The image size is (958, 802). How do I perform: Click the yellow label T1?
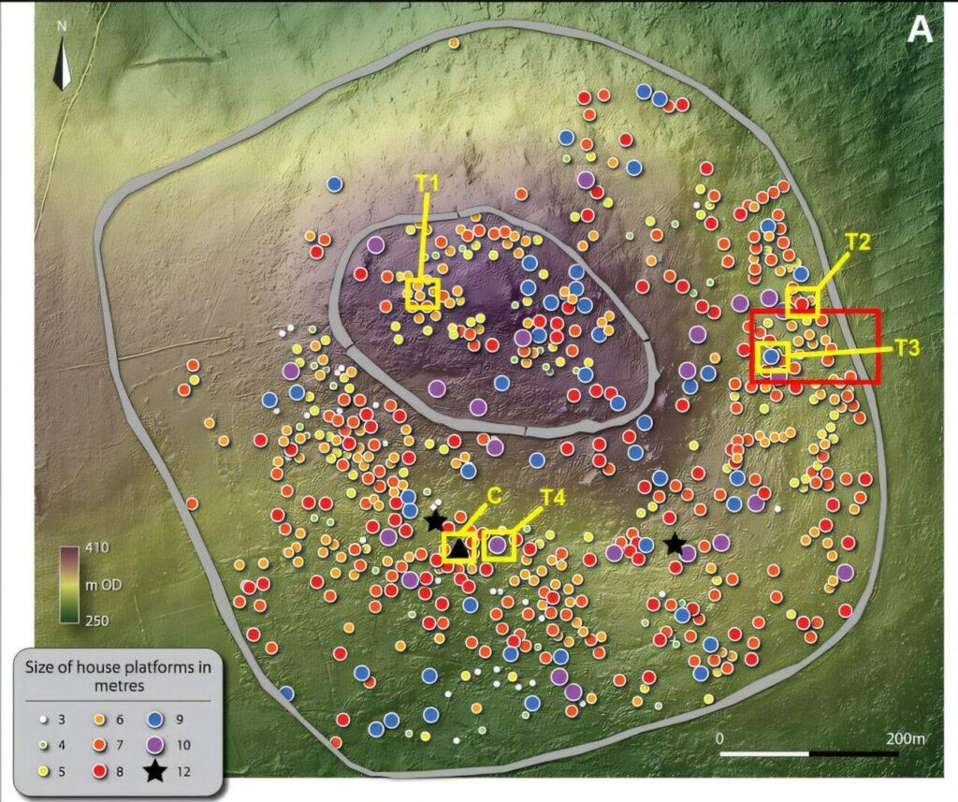tap(427, 184)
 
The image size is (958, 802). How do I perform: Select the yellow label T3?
tap(907, 347)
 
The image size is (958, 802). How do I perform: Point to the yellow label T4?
tap(554, 498)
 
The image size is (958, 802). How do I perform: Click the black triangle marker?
tap(458, 547)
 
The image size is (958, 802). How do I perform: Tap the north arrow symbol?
tap(62, 62)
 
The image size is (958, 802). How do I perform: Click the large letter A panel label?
tap(921, 31)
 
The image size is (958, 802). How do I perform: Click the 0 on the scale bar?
tap(719, 738)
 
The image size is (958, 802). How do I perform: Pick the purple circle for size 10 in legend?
tap(156, 745)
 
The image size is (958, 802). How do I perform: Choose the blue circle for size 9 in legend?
tap(156, 721)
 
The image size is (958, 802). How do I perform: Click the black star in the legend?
tap(156, 771)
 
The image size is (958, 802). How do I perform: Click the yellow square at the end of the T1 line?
tap(423, 294)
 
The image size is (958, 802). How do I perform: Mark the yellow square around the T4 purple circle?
tap(500, 545)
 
